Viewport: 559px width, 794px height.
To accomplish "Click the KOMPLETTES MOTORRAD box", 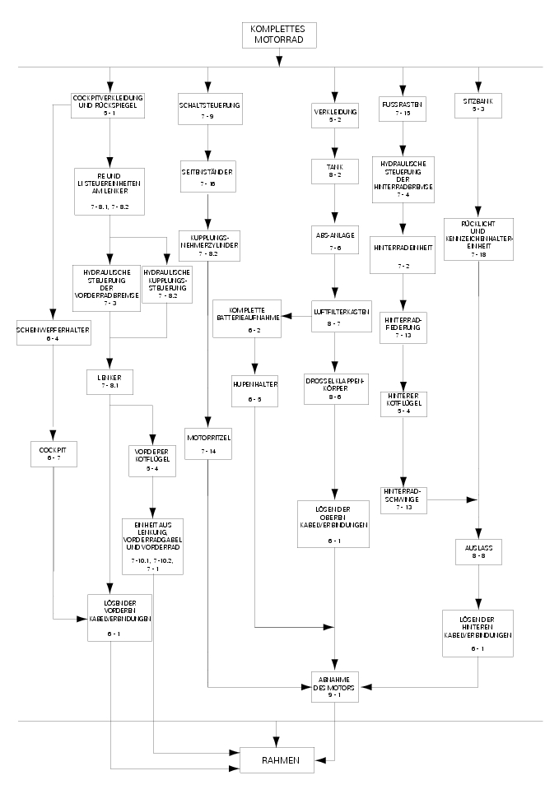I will tap(279, 34).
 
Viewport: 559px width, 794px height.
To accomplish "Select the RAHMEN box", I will tap(277, 759).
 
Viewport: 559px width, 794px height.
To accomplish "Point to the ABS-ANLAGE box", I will tap(334, 240).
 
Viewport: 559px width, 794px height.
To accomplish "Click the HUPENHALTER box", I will tap(254, 388).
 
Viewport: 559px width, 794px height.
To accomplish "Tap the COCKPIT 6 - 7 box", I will tap(54, 453).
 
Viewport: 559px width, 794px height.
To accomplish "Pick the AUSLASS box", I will tap(477, 551).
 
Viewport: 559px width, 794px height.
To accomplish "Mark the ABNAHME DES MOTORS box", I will tap(334, 685).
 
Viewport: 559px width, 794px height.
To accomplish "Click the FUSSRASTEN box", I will tap(403, 109).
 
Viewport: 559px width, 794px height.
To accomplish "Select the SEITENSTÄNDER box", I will tap(208, 177).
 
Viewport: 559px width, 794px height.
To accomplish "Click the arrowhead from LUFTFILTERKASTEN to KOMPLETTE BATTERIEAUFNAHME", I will tap(287, 316).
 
